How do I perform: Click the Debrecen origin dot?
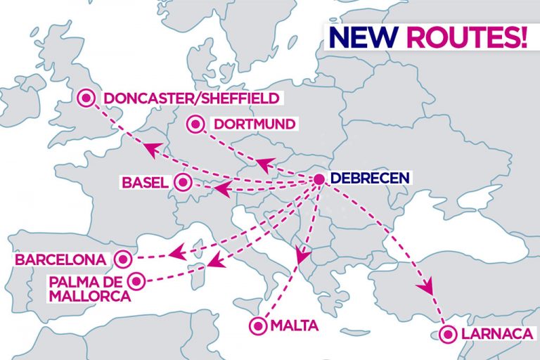(319, 179)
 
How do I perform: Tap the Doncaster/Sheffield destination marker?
(87, 98)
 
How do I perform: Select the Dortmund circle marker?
(195, 124)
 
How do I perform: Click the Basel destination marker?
(183, 183)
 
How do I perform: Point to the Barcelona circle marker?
(124, 259)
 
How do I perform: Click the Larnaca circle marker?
(446, 334)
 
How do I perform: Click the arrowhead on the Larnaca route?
(424, 287)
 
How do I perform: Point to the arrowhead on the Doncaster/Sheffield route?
(150, 148)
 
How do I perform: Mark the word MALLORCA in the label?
(90, 296)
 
